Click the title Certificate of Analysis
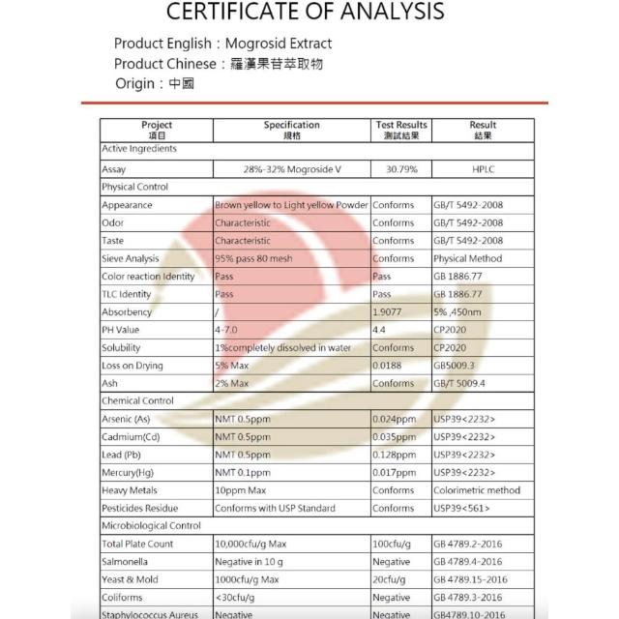(x=306, y=13)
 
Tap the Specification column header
(x=291, y=130)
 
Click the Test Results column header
(x=401, y=130)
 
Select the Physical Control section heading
(x=135, y=187)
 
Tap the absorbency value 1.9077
(x=390, y=312)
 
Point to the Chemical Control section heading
(x=137, y=400)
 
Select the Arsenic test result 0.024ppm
(x=395, y=419)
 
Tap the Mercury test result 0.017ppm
(x=395, y=472)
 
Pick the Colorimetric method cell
(x=477, y=490)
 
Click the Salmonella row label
(x=127, y=561)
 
